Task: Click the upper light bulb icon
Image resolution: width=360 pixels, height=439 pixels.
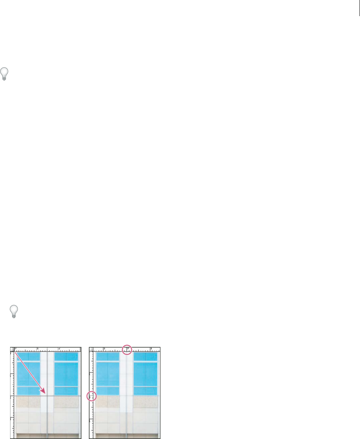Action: point(5,73)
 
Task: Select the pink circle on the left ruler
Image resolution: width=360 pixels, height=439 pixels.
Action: point(92,396)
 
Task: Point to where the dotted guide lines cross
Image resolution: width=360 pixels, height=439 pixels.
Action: point(48,396)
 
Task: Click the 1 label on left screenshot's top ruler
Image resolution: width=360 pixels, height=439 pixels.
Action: point(38,348)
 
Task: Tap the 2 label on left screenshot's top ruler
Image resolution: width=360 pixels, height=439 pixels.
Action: point(59,348)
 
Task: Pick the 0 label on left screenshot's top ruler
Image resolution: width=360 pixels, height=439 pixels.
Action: point(16,348)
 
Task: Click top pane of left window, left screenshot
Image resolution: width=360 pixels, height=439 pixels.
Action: point(28,356)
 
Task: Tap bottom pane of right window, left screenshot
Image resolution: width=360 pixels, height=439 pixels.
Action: point(66,391)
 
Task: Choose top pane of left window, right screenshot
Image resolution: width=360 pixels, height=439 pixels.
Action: point(108,356)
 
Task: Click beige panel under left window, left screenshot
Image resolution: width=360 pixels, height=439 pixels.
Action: point(28,402)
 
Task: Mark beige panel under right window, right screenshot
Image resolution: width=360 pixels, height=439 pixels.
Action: point(145,402)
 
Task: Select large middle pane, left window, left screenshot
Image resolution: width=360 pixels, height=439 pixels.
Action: point(28,374)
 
